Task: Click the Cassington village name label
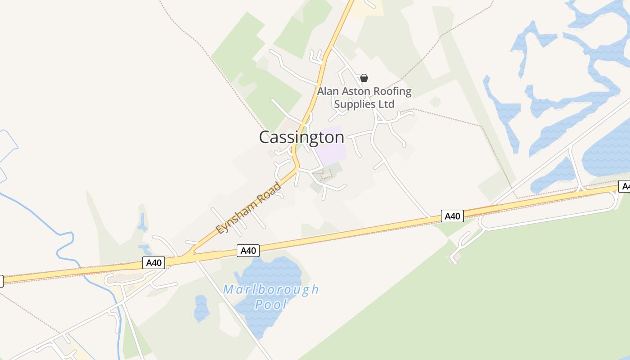click(x=301, y=137)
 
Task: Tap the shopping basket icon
click(x=364, y=78)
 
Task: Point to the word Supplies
click(x=355, y=104)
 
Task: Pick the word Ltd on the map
click(x=386, y=104)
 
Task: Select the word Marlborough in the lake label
click(x=271, y=289)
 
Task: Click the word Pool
click(x=271, y=305)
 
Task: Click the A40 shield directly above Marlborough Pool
click(x=248, y=251)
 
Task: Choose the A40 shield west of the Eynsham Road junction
click(x=154, y=263)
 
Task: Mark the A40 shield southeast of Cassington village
click(x=452, y=216)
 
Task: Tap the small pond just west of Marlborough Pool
click(x=201, y=308)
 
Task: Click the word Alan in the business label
click(x=327, y=91)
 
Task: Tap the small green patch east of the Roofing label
click(x=435, y=102)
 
